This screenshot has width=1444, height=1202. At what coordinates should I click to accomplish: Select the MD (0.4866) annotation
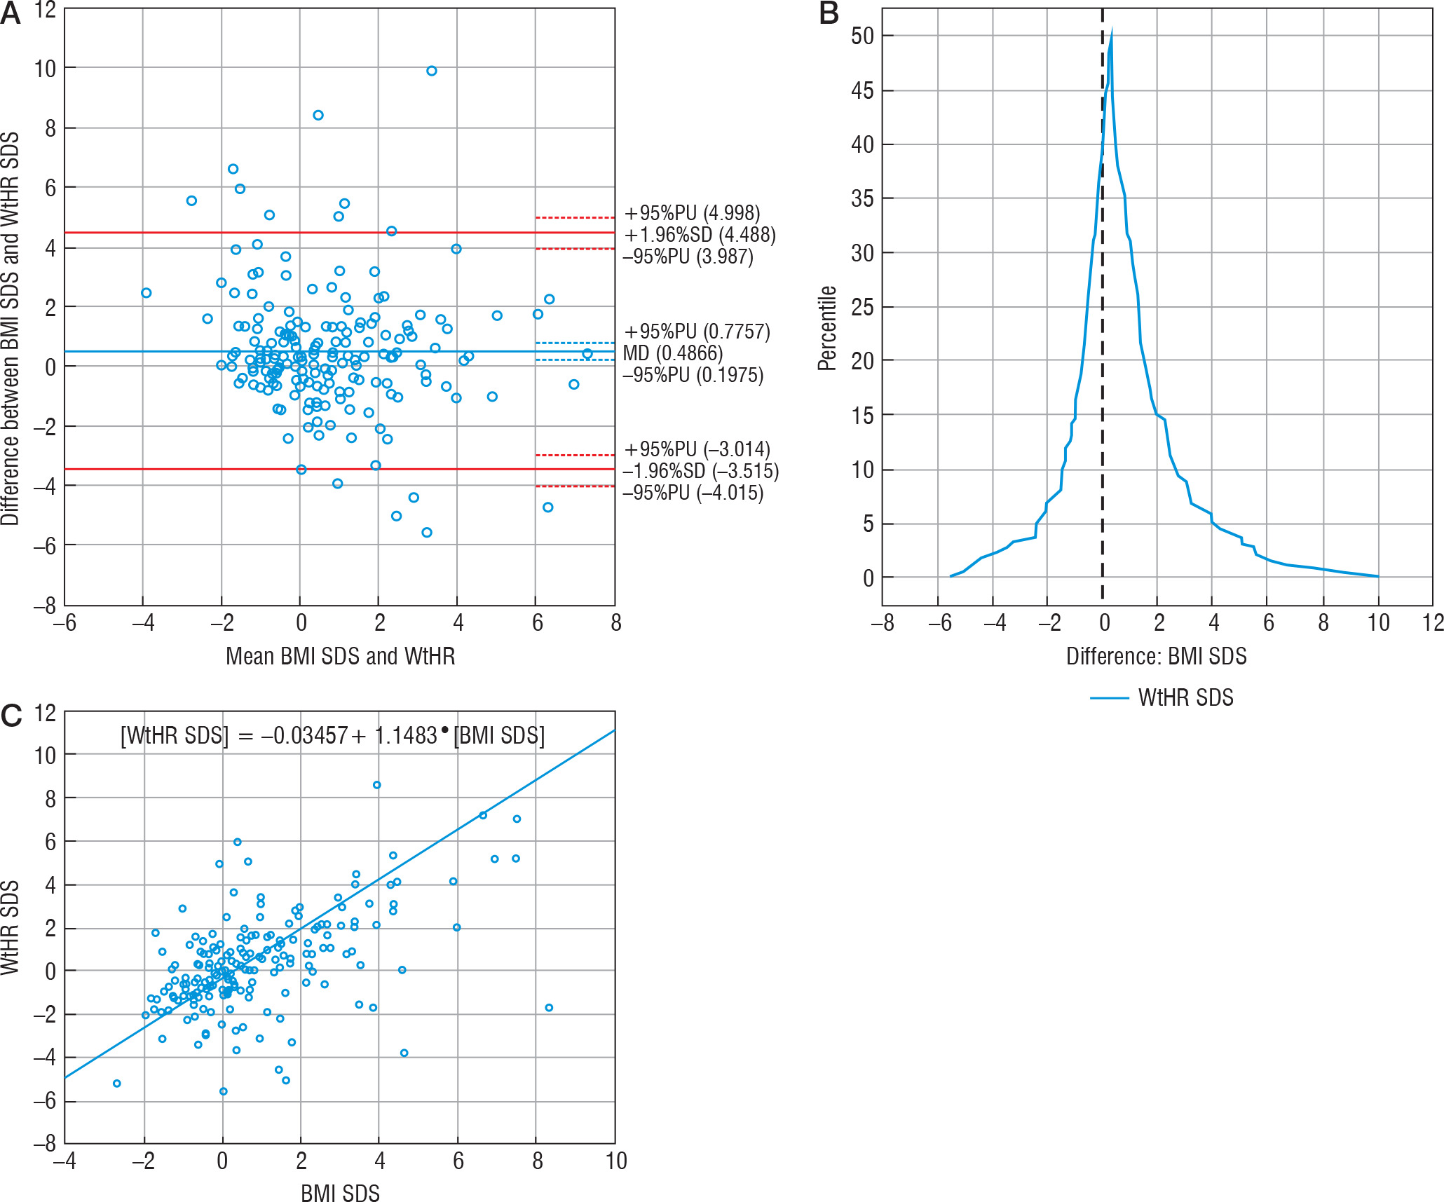point(672,353)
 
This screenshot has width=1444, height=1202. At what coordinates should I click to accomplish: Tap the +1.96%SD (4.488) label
point(700,235)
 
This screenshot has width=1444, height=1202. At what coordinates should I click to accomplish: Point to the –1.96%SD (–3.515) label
point(700,471)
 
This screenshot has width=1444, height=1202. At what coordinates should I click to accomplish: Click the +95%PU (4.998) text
point(692,213)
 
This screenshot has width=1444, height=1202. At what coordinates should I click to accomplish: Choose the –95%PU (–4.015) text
point(693,493)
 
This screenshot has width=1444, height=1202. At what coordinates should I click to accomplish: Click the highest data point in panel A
point(432,71)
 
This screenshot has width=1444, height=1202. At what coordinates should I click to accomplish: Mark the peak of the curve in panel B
point(1112,29)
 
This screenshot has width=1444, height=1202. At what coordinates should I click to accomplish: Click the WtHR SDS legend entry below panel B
point(1185,698)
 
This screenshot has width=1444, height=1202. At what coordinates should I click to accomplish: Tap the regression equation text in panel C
point(332,735)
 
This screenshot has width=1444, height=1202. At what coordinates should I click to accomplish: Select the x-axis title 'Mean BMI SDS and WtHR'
point(340,657)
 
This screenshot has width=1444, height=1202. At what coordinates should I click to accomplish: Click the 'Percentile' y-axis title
point(828,328)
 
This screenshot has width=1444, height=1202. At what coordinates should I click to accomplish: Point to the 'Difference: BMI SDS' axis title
point(1156,657)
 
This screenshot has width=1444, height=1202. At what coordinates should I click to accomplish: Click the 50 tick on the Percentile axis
point(862,36)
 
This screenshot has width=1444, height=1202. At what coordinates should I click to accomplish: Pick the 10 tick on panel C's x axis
point(615,1161)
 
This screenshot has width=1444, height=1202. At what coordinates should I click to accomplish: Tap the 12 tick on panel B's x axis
point(1433,623)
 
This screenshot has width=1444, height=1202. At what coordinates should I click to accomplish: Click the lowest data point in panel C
point(224,1091)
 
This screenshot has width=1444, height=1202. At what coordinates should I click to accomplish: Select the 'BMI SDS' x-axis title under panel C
point(340,1193)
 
